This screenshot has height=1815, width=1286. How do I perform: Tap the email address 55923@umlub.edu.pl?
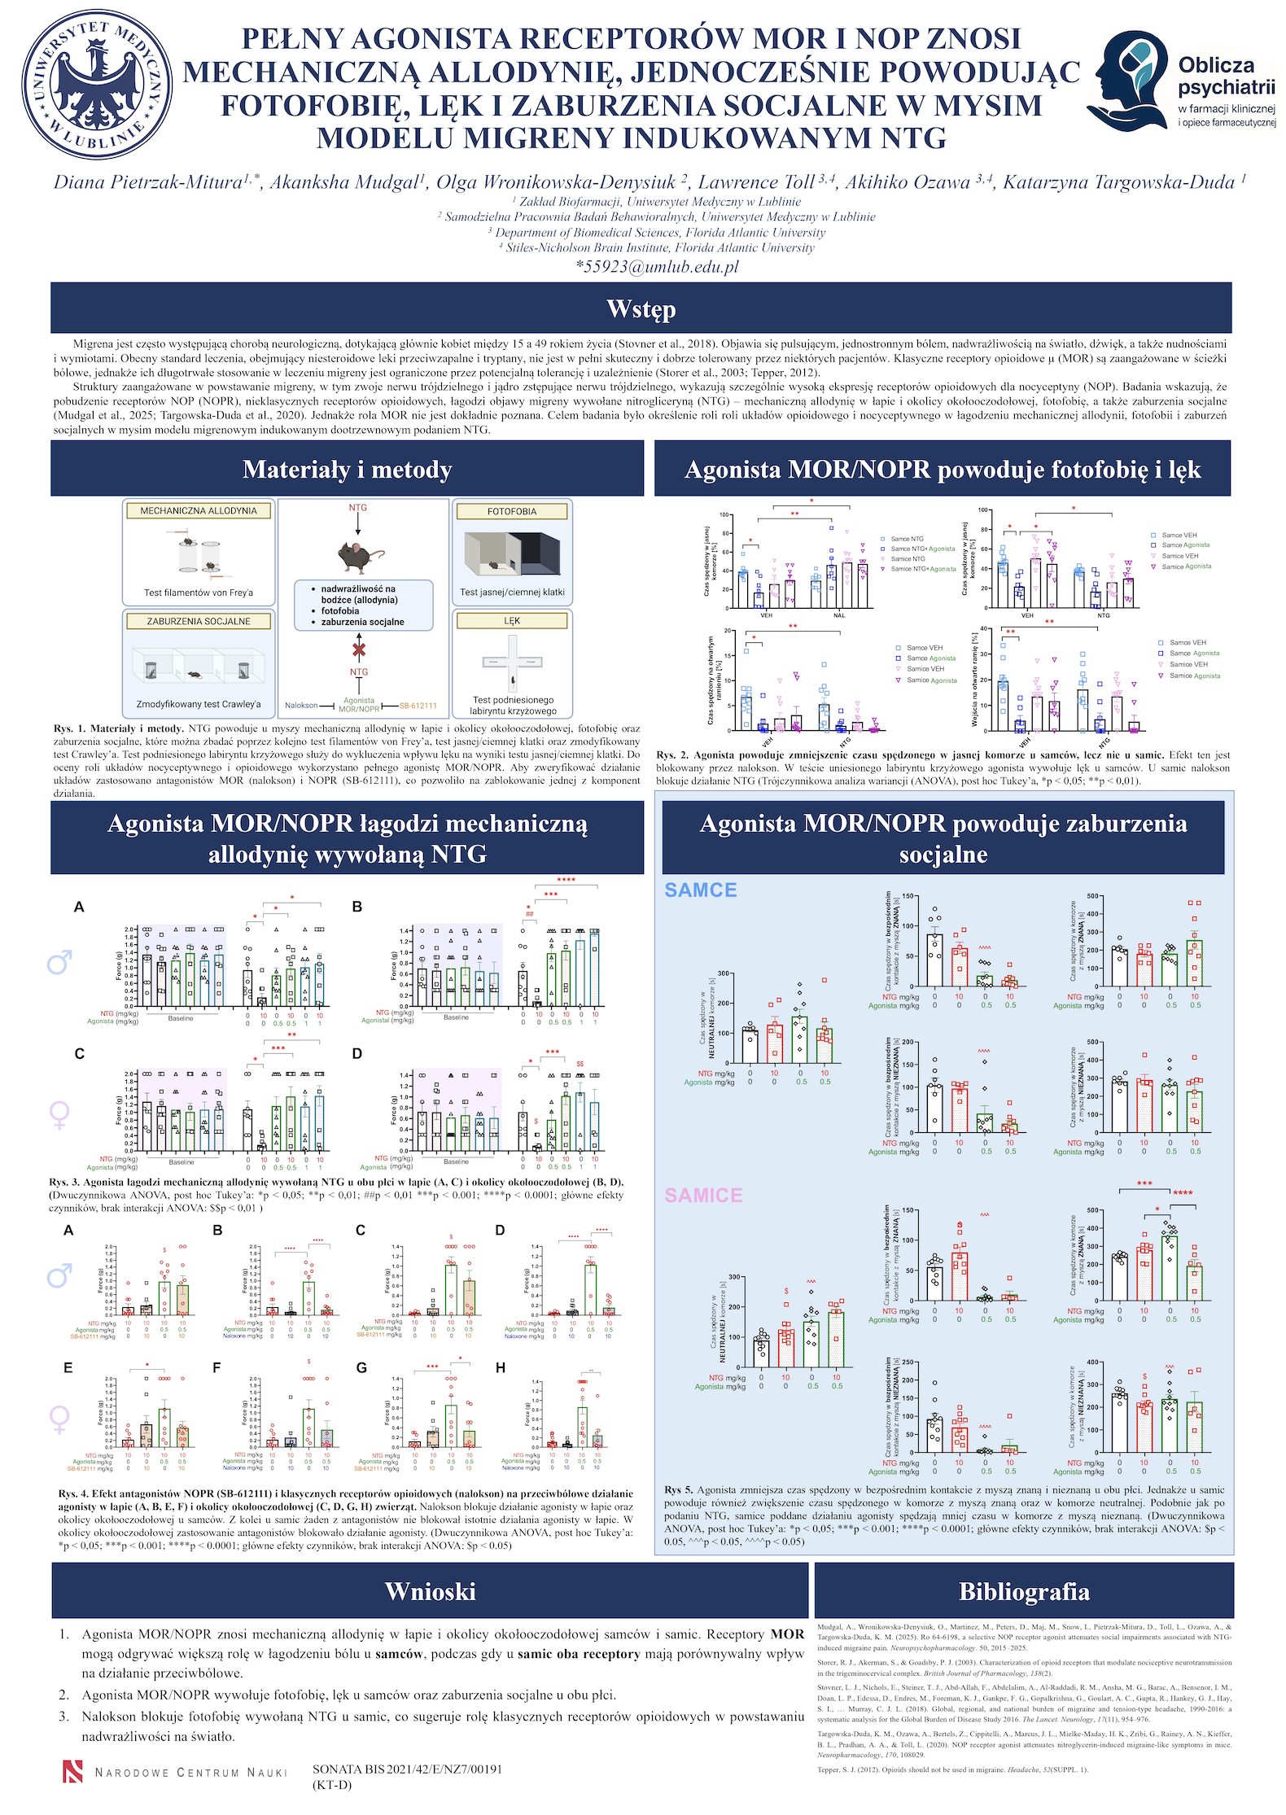[657, 267]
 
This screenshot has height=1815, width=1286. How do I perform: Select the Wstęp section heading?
[641, 308]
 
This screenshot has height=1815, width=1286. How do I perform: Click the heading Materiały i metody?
[347, 470]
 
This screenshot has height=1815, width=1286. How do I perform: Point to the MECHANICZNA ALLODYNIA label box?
[198, 511]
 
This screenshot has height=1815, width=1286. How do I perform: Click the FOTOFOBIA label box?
[511, 512]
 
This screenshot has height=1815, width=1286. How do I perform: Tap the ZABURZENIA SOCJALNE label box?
[198, 621]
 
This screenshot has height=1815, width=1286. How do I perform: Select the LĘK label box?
[511, 621]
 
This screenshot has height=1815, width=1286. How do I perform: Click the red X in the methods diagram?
[358, 649]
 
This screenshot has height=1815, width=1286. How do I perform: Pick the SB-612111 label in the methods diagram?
[418, 706]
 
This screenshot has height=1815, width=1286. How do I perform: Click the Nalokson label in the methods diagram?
[301, 706]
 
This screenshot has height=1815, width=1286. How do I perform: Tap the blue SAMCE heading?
[700, 890]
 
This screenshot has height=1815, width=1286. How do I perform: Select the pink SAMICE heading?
[703, 1196]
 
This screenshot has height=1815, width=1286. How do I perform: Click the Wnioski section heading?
[430, 1591]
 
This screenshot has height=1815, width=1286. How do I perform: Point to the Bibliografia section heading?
[1023, 1591]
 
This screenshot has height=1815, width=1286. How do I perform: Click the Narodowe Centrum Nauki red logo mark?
[73, 1771]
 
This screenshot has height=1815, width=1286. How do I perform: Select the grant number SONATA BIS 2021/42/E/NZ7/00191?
[407, 1769]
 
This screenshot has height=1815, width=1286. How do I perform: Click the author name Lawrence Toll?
[756, 182]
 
